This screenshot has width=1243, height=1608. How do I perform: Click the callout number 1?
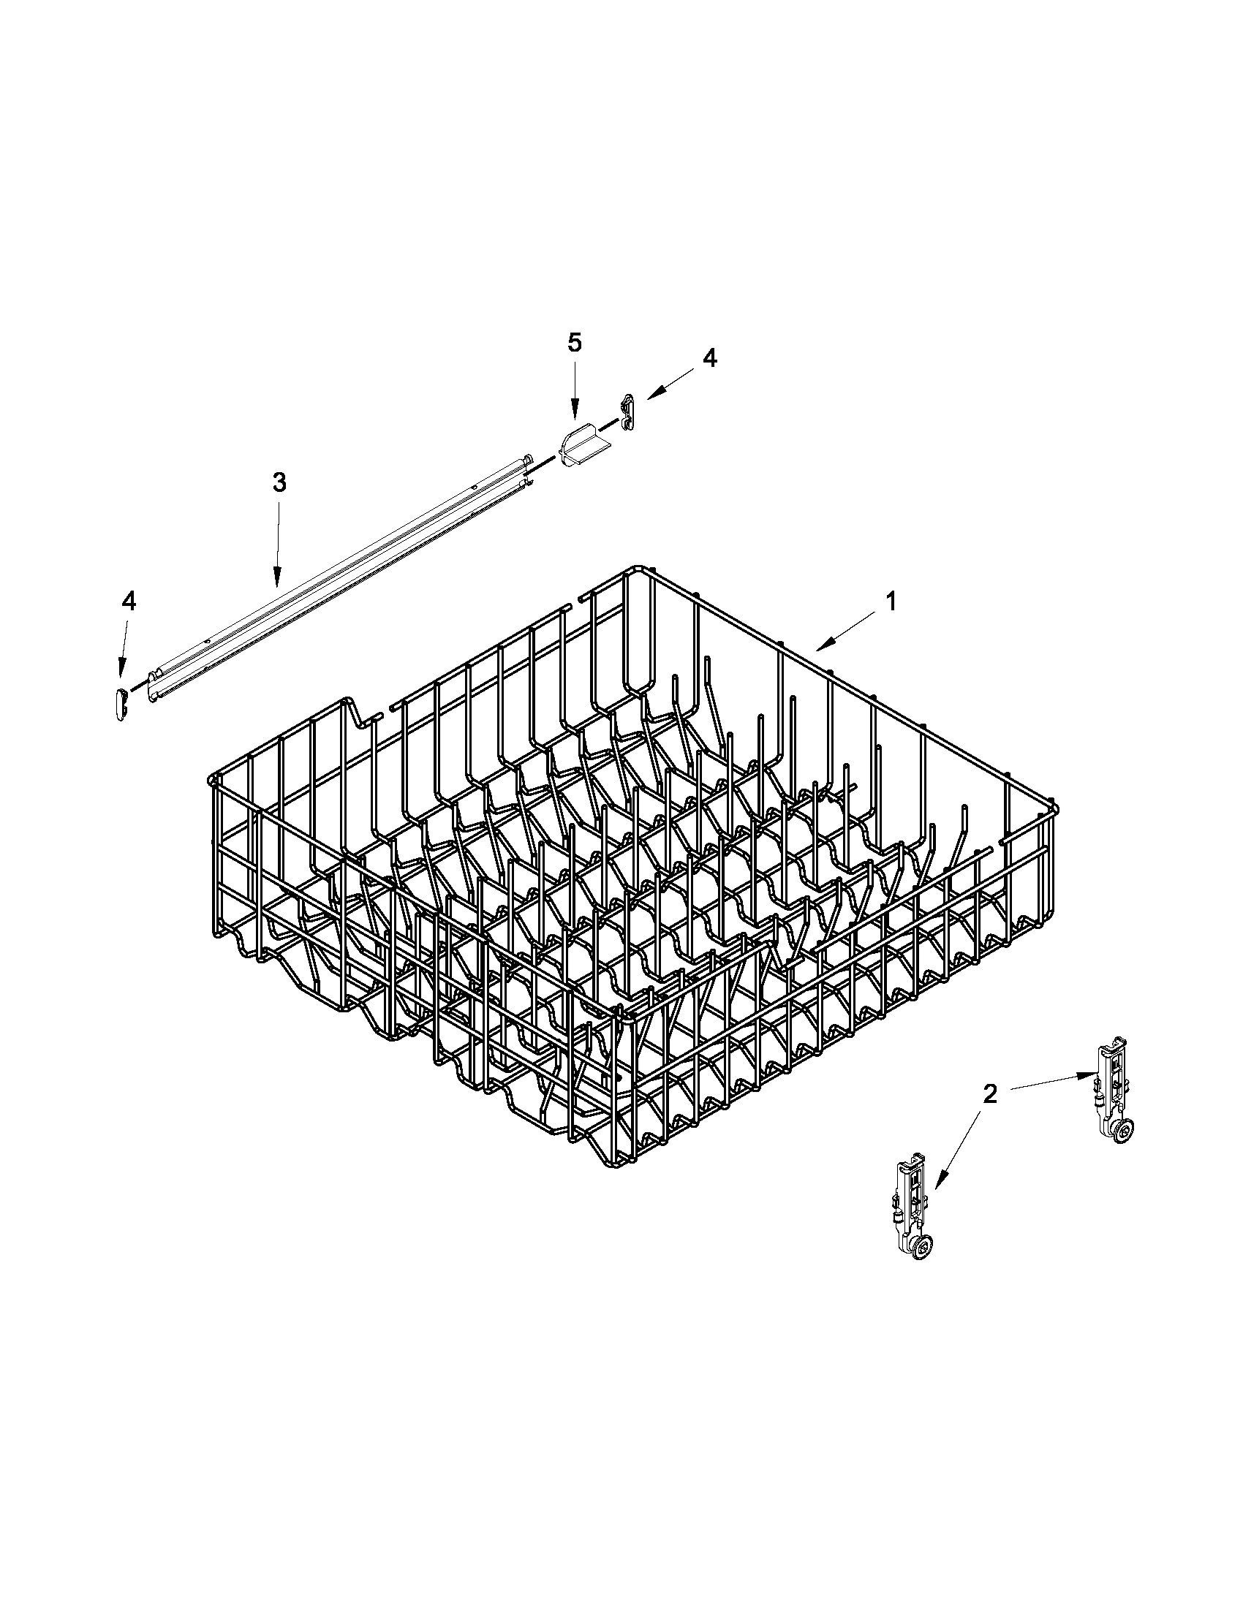coord(891,602)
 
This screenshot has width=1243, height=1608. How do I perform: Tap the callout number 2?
coord(990,1093)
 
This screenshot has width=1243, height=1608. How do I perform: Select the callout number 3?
coord(279,483)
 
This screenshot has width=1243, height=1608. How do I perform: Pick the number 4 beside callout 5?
coord(709,358)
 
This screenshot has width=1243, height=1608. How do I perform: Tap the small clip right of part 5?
coord(627,412)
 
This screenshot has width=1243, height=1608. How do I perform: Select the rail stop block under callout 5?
coord(581,447)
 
